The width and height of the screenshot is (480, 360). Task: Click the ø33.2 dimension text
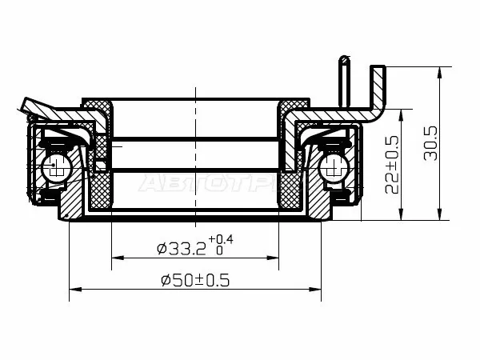click(x=182, y=249)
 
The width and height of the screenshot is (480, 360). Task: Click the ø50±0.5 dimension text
click(x=195, y=281)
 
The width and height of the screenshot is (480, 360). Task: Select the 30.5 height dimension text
click(x=430, y=142)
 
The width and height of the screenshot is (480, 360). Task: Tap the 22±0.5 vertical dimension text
click(x=392, y=164)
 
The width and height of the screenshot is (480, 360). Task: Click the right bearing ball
click(x=330, y=167)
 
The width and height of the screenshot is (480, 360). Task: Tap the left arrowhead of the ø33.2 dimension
click(x=116, y=258)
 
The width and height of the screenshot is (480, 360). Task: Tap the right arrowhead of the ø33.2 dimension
click(x=274, y=258)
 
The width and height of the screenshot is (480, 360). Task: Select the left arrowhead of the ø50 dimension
click(x=74, y=290)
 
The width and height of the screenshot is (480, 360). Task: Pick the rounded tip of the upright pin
click(x=345, y=58)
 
